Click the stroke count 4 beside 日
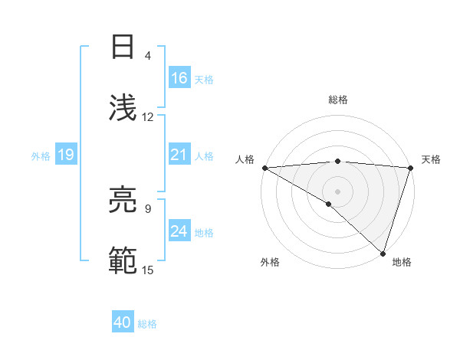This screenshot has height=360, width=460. [x=148, y=56]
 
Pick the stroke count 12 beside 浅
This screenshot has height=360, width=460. [x=148, y=117]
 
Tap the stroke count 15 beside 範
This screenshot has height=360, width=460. [x=148, y=270]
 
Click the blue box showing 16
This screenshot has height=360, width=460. [x=179, y=79]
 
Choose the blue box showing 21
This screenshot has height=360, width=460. [x=179, y=155]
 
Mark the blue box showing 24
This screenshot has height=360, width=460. [x=179, y=232]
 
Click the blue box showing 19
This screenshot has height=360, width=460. [x=65, y=155]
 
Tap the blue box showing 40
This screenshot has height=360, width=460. [x=123, y=323]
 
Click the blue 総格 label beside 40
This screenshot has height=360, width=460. [x=147, y=324]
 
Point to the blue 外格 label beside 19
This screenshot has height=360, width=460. [x=41, y=156]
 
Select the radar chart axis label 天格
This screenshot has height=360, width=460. [x=432, y=159]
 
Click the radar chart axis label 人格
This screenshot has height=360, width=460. [x=245, y=159]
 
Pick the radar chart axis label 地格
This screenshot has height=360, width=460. [x=402, y=263]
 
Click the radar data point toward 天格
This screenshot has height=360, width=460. [x=410, y=168]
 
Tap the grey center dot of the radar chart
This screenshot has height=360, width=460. [x=337, y=191]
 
